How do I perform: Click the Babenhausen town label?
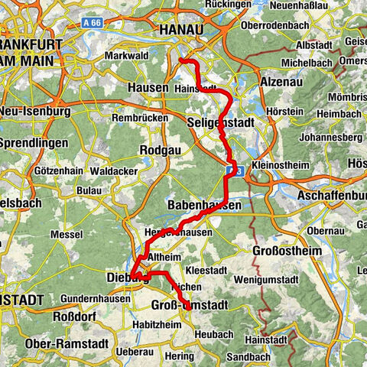(204, 206)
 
